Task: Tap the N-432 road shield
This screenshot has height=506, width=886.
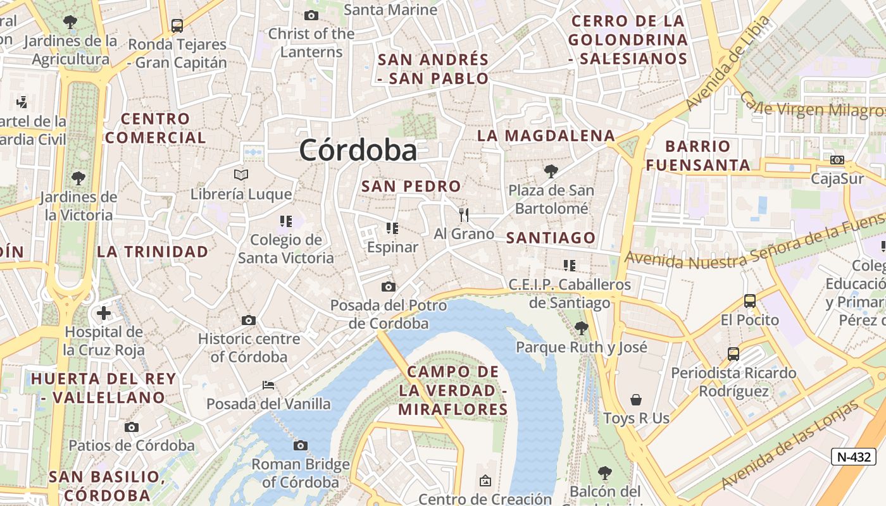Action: click(x=853, y=457)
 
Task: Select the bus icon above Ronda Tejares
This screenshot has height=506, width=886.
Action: click(x=177, y=26)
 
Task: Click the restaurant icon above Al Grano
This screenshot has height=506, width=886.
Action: click(x=464, y=215)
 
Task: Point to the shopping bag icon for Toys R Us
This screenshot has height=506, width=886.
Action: click(x=636, y=400)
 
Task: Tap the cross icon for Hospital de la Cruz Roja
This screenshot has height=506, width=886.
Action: click(x=104, y=313)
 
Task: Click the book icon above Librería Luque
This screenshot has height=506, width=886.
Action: click(x=240, y=175)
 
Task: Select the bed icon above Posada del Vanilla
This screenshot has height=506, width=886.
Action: click(x=268, y=385)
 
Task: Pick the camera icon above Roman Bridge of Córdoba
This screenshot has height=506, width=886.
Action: click(x=301, y=446)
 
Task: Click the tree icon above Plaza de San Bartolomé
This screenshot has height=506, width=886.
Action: click(x=551, y=171)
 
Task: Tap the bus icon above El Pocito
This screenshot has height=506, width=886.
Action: click(x=750, y=301)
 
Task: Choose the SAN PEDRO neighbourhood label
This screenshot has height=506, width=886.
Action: click(x=411, y=187)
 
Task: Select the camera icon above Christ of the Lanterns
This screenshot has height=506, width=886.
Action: click(x=311, y=15)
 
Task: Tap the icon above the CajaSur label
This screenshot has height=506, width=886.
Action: click(x=837, y=160)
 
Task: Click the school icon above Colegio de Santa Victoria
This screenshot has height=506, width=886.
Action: click(x=285, y=221)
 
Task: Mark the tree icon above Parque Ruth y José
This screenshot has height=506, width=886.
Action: click(x=581, y=328)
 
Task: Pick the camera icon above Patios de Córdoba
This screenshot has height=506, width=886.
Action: click(x=132, y=427)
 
